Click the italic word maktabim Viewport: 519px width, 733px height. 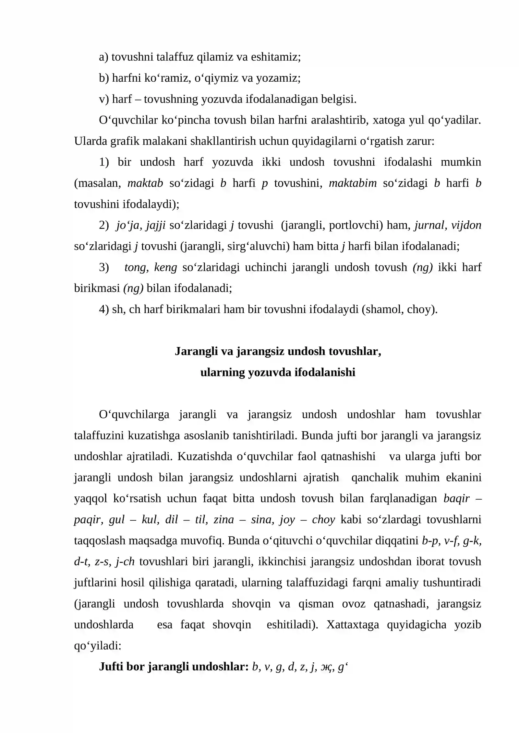(352, 183)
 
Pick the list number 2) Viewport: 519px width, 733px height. (104, 225)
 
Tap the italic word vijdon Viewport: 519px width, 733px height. (466, 225)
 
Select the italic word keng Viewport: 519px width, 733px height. (165, 267)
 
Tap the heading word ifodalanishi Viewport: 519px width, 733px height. (325, 372)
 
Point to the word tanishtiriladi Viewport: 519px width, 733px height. (264, 436)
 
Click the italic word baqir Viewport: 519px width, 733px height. (456, 498)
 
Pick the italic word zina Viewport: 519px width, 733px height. (223, 519)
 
